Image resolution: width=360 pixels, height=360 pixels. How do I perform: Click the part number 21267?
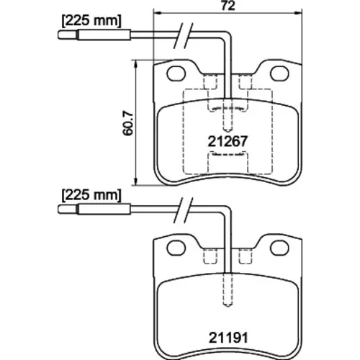228,142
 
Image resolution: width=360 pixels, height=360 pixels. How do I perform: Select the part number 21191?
228,338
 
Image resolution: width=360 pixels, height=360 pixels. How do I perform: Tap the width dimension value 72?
228,6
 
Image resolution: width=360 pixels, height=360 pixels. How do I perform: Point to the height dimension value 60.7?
127,123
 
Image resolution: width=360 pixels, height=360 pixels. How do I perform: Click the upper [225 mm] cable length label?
91,21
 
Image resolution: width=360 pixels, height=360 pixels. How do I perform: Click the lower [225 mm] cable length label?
91,195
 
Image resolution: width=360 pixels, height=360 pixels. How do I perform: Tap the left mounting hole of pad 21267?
176,73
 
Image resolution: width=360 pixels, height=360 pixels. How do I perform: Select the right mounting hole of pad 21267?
279,73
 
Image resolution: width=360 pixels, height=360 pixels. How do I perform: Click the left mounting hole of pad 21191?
176,248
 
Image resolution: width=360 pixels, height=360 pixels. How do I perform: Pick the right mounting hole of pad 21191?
279,248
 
